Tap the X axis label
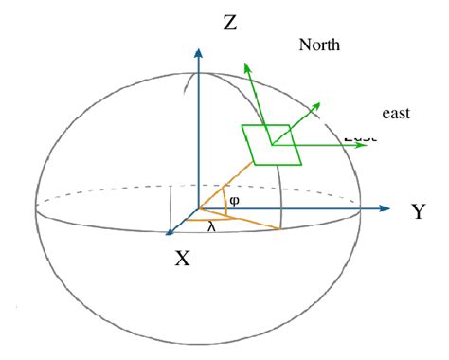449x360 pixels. click(x=183, y=257)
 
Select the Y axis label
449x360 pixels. click(x=418, y=211)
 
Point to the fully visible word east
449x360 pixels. click(x=395, y=114)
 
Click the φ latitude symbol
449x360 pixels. click(x=234, y=201)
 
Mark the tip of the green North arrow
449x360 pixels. click(x=244, y=66)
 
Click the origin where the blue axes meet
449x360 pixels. click(x=197, y=208)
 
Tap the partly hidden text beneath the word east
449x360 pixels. click(x=360, y=138)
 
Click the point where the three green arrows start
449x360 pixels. click(x=272, y=145)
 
